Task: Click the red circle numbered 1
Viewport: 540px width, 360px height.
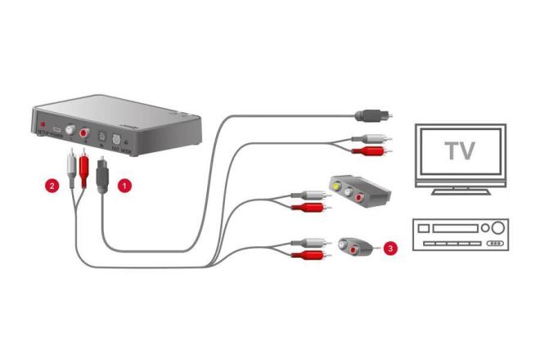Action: (x=124, y=186)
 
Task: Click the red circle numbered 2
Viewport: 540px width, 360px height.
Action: (x=52, y=186)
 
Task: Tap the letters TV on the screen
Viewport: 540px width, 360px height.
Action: (x=461, y=151)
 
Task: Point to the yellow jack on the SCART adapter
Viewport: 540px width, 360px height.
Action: (x=336, y=187)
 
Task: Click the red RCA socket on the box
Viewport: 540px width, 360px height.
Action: (x=84, y=133)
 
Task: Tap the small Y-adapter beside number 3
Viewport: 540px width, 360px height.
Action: (x=353, y=245)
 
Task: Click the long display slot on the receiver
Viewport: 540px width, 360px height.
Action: (x=453, y=228)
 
